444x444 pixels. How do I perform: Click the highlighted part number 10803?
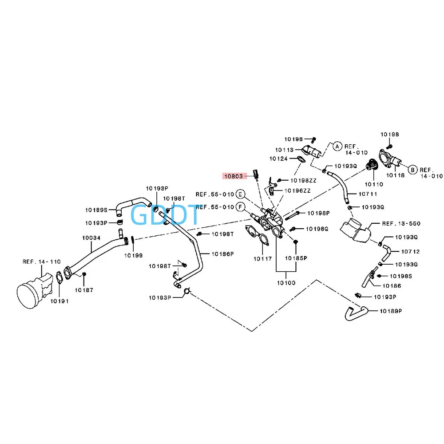tap(233, 176)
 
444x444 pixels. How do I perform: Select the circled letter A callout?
tap(337, 146)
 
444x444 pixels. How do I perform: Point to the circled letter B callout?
tap(412, 170)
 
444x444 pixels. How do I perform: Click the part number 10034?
tap(91, 238)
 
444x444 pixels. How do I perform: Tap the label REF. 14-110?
tap(42, 262)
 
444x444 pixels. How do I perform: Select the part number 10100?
tap(286, 282)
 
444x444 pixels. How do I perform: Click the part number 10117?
tap(263, 258)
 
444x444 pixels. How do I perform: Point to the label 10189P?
tap(391, 311)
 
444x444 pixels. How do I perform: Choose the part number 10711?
tap(368, 194)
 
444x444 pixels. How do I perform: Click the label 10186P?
tap(222, 254)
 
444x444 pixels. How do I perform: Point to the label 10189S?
tap(97, 210)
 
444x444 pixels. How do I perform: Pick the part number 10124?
tap(278, 159)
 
